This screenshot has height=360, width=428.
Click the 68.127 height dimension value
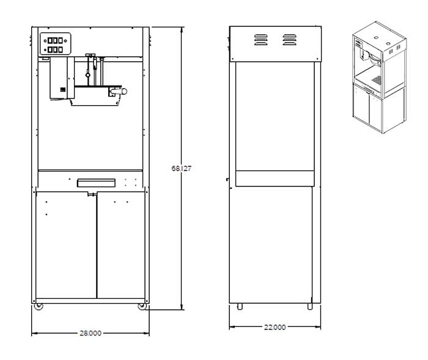click(x=181, y=169)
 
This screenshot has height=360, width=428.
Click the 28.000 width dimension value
click(x=90, y=333)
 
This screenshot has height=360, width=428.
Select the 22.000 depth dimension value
click(x=275, y=327)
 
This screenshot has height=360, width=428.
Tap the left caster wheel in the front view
click(x=39, y=306)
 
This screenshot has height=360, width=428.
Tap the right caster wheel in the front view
click(x=142, y=306)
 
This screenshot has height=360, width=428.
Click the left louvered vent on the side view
click(x=261, y=40)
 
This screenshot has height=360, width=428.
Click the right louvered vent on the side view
click(x=289, y=40)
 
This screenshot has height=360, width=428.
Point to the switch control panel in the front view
click(x=56, y=43)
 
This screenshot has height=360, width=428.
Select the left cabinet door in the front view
click(x=66, y=245)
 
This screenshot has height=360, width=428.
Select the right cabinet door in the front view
click(x=121, y=245)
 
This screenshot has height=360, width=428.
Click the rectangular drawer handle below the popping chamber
click(x=96, y=183)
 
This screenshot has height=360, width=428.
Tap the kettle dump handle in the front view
click(x=119, y=92)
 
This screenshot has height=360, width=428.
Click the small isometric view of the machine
click(x=380, y=77)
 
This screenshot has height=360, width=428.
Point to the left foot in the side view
click(x=240, y=306)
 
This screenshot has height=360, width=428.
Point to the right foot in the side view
click(x=310, y=306)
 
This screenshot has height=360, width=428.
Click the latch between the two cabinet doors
click(x=92, y=194)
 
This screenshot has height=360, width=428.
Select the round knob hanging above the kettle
click(x=88, y=75)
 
